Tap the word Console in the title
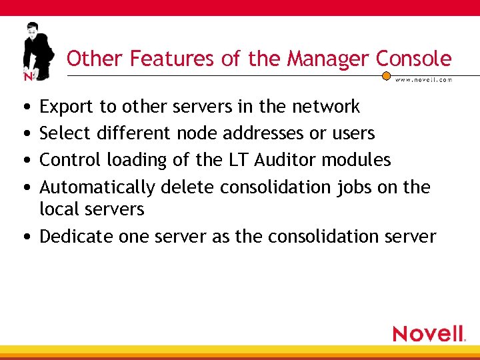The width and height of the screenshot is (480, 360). click(x=413, y=59)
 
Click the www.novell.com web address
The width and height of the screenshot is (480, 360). click(x=423, y=79)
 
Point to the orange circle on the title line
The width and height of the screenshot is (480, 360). click(x=386, y=75)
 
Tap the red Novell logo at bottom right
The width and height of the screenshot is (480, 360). click(x=429, y=333)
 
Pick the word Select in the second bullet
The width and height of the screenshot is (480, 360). click(x=65, y=133)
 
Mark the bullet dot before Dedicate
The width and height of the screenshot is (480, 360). click(x=25, y=237)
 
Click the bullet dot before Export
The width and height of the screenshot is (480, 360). click(x=25, y=107)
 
